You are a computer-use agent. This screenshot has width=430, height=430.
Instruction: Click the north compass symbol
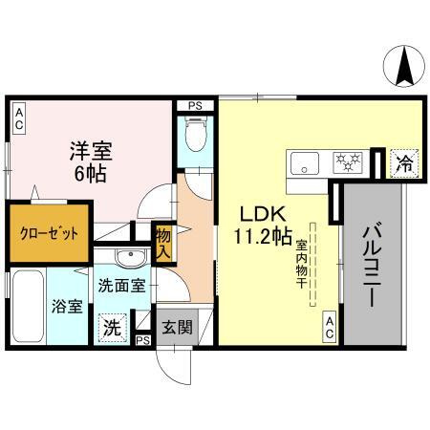tap(405, 66)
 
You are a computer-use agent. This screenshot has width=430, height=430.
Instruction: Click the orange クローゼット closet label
tap(50, 232)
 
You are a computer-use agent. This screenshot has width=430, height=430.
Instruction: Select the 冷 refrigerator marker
tap(404, 163)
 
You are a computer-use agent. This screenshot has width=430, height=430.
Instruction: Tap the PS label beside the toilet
tap(195, 106)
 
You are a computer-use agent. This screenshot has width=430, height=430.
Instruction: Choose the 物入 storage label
tap(162, 245)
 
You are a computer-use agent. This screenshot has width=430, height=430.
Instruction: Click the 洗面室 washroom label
tap(122, 284)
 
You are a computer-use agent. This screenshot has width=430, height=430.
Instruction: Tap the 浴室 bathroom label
tap(68, 308)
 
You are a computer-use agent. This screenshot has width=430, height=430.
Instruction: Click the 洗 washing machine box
tap(113, 326)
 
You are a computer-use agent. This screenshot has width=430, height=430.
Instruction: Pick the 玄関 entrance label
tap(178, 327)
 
